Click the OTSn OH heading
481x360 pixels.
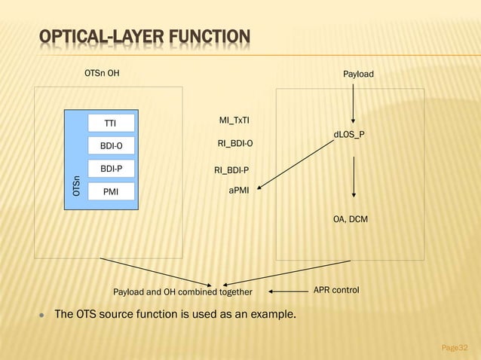pyautogui.click(x=102, y=74)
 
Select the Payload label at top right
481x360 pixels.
pyautogui.click(x=358, y=75)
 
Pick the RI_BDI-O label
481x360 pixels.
pyautogui.click(x=235, y=142)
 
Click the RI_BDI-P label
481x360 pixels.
pyautogui.click(x=231, y=170)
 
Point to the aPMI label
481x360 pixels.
pyautogui.click(x=240, y=191)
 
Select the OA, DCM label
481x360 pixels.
pyautogui.click(x=351, y=219)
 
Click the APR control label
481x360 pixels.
pyautogui.click(x=336, y=291)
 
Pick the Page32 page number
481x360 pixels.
pyautogui.click(x=454, y=347)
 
